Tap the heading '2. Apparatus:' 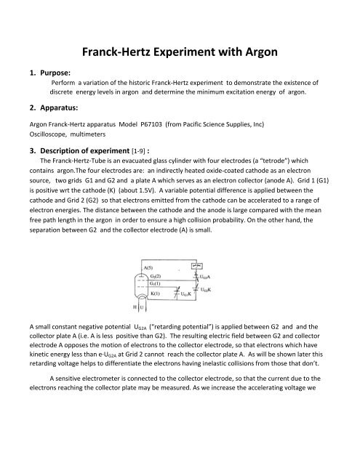pos(39,111)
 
